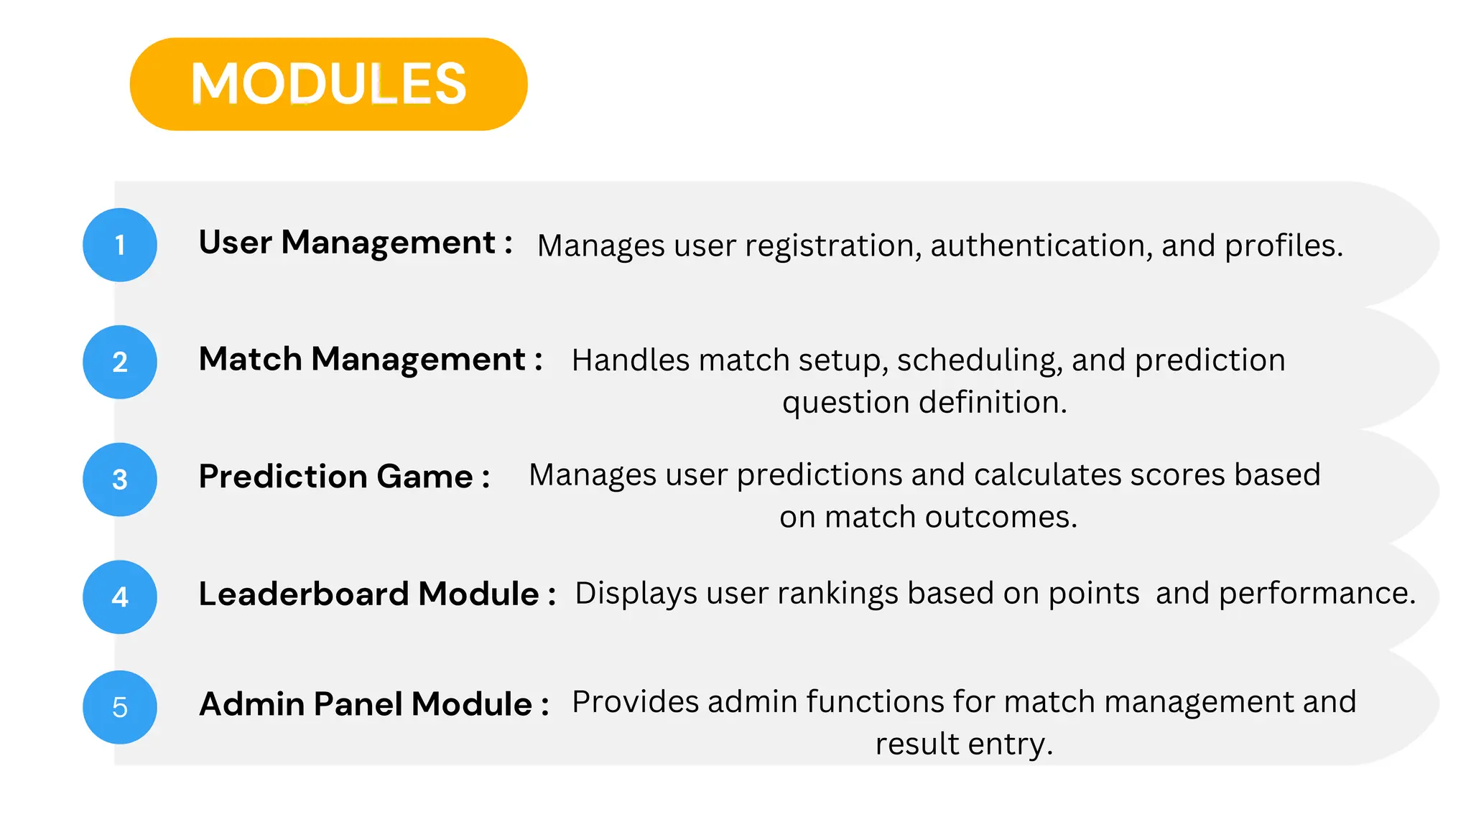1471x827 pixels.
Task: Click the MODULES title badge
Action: [328, 84]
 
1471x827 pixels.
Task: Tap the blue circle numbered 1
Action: [120, 245]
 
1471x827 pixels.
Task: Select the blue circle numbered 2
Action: [120, 362]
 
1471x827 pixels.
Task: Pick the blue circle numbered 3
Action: [120, 480]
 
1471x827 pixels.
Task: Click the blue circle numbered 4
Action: [120, 597]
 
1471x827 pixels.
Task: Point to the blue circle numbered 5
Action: [120, 707]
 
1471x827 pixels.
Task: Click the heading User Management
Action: [356, 243]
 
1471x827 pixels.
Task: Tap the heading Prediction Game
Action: [344, 477]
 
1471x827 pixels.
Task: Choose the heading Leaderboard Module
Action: [377, 594]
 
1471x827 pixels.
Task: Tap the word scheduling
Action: [979, 360]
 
